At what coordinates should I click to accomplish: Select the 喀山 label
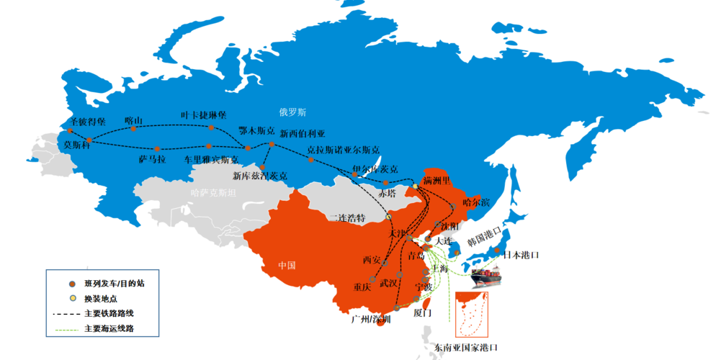click(134, 120)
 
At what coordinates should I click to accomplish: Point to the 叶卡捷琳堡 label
click(203, 115)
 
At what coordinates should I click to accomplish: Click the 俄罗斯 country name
click(293, 112)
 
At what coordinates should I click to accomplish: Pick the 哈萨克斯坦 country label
click(213, 193)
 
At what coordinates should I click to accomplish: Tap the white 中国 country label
click(287, 266)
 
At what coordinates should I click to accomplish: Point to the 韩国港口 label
click(486, 235)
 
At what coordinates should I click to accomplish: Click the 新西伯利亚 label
click(303, 134)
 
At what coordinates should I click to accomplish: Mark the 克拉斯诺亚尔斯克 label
click(343, 150)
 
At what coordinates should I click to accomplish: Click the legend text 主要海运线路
click(109, 328)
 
